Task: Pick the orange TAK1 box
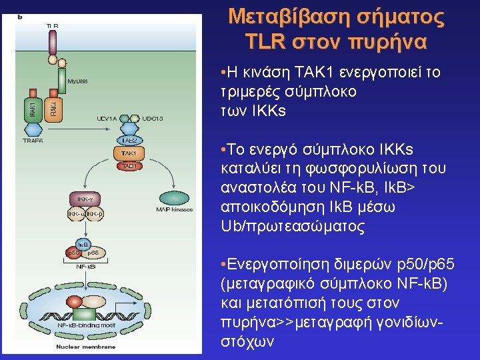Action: pyautogui.click(x=127, y=153)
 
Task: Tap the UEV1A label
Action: pyautogui.click(x=107, y=118)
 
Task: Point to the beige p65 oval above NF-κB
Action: pyautogui.click(x=93, y=253)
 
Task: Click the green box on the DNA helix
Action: pyautogui.click(x=84, y=313)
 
